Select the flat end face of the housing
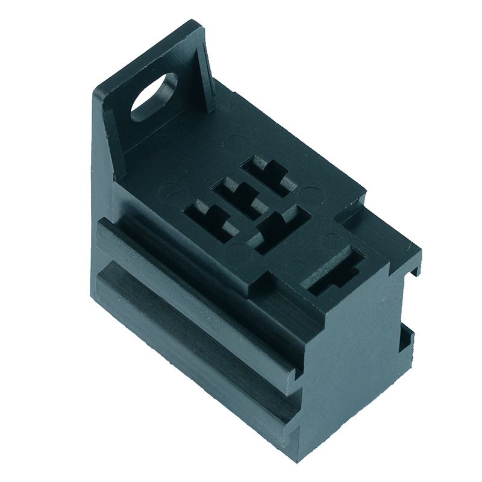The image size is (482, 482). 355,361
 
